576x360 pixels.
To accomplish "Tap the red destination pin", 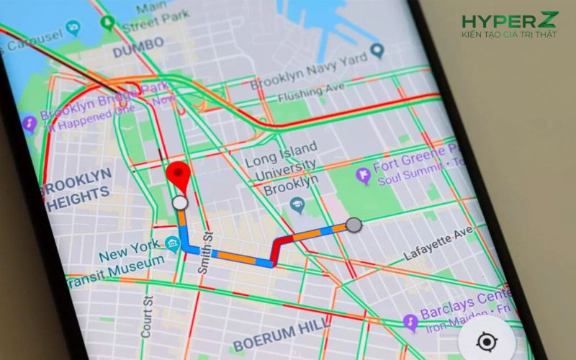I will pyautogui.click(x=178, y=176).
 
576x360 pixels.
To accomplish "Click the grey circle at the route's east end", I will pyautogui.click(x=353, y=225).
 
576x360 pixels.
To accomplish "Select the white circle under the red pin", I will pyautogui.click(x=179, y=204).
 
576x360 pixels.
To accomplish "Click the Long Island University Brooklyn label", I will pyautogui.click(x=282, y=168).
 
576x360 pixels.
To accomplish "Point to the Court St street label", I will pyautogui.click(x=148, y=315).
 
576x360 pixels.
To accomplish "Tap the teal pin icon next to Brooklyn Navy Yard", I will pyautogui.click(x=377, y=50).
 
